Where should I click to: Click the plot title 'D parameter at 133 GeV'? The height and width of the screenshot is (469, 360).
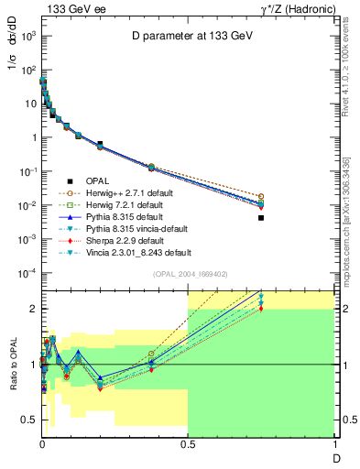pyautogui.click(x=188, y=37)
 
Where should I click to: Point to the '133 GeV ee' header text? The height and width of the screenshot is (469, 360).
pyautogui.click(x=70, y=8)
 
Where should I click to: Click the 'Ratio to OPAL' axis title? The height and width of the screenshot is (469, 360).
pyautogui.click(x=13, y=364)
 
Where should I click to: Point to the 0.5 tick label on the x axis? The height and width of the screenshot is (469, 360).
pyautogui.click(x=188, y=443)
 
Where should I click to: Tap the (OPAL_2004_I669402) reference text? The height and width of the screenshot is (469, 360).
pyautogui.click(x=188, y=272)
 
